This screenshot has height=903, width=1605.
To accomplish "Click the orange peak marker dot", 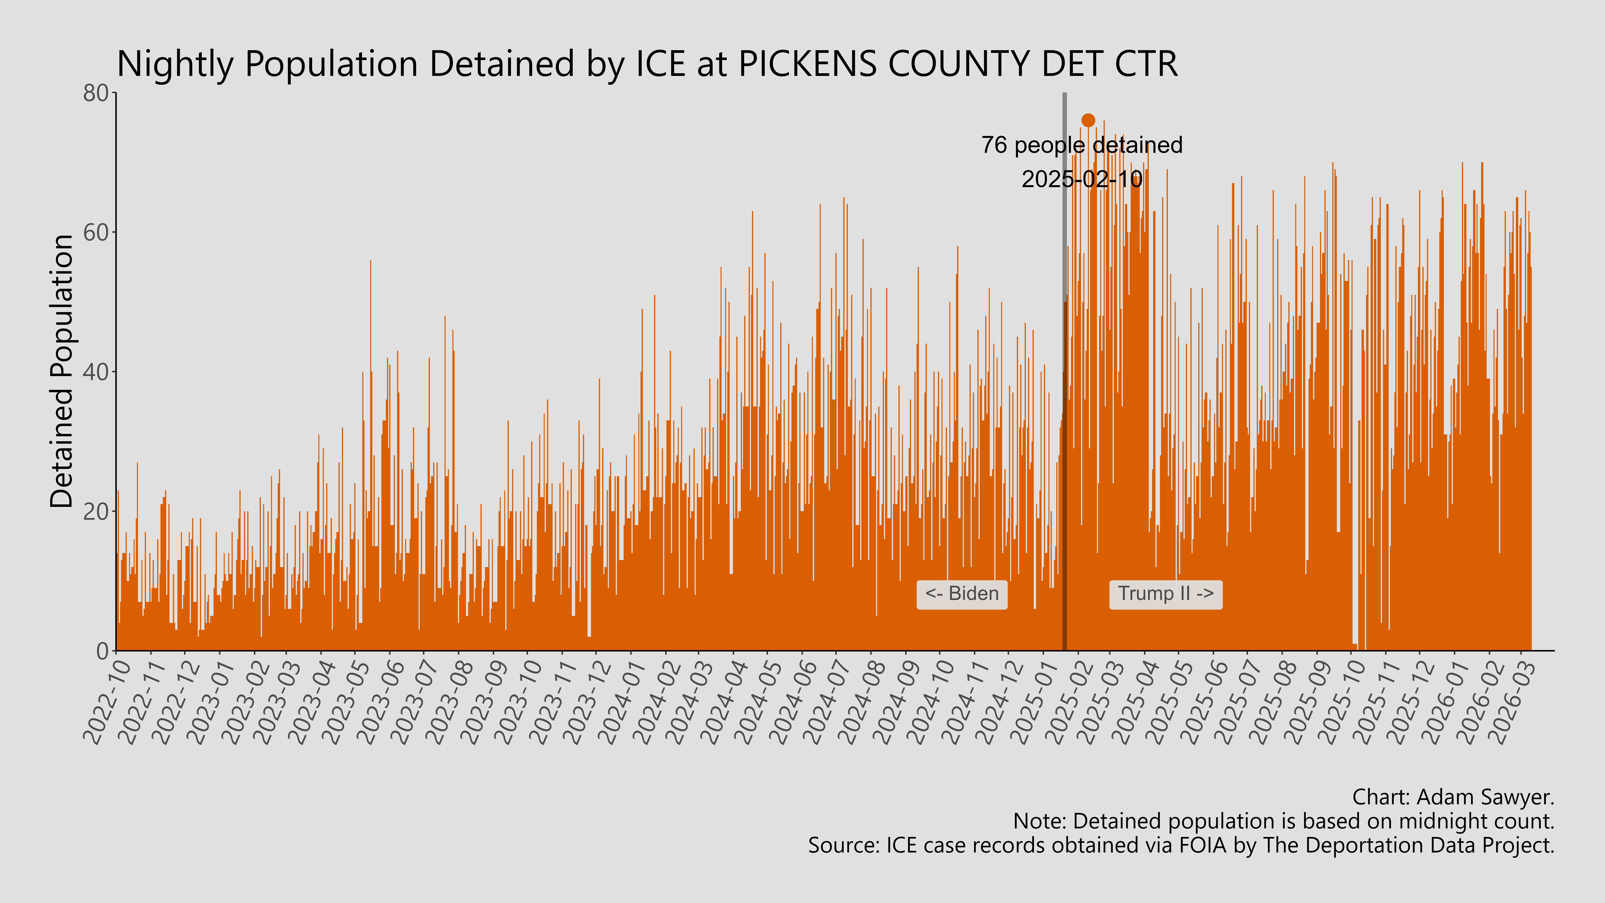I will (x=1088, y=120).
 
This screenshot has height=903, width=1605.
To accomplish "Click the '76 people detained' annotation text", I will (x=1082, y=145).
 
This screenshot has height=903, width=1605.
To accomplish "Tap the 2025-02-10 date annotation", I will (x=1082, y=179).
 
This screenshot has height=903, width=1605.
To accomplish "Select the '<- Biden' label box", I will (x=961, y=594).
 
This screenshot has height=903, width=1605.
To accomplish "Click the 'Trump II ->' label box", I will (x=1165, y=594).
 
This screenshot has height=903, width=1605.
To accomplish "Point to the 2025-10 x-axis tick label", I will (x=1343, y=702).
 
